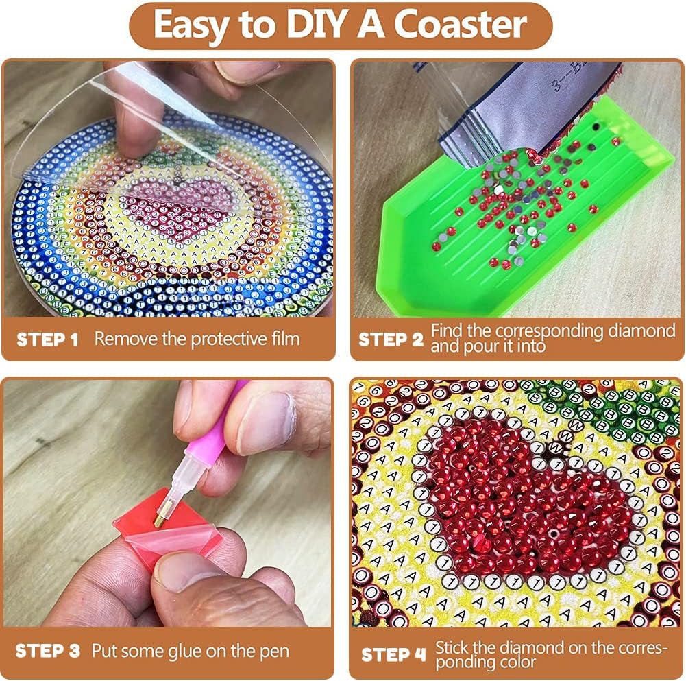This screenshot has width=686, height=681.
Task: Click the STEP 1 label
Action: pyautogui.click(x=48, y=339)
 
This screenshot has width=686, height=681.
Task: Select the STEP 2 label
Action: pyautogui.click(x=390, y=339)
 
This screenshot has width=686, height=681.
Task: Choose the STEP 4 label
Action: pyautogui.click(x=392, y=654)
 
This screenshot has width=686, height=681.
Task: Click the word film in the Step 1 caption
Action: pyautogui.click(x=283, y=339)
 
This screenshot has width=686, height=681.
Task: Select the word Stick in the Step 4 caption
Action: pyautogui.click(x=452, y=647)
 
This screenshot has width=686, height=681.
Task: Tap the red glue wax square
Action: pyautogui.click(x=146, y=514)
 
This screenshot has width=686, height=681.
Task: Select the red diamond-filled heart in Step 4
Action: pyautogui.click(x=528, y=501)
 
